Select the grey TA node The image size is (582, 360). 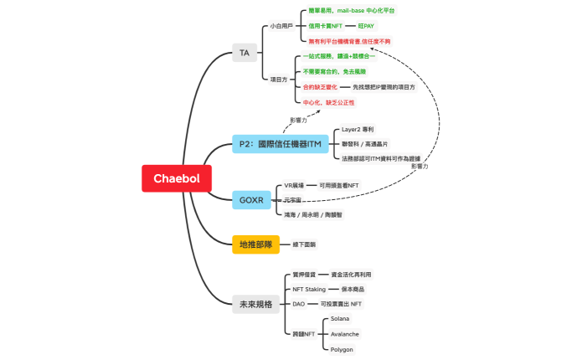(x=245, y=53)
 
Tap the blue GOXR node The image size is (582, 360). (x=250, y=200)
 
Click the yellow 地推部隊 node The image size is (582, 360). (x=255, y=244)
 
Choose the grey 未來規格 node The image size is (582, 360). (x=255, y=304)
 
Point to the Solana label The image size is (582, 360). (x=340, y=319)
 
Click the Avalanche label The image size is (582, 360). (x=345, y=333)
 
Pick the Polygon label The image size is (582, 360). (x=342, y=348)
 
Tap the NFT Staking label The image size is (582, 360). (x=308, y=289)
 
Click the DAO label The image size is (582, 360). (x=298, y=303)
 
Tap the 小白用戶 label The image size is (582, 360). (x=281, y=27)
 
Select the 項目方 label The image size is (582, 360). (x=278, y=79)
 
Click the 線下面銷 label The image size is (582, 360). (x=304, y=244)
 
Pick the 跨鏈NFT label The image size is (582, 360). (x=304, y=333)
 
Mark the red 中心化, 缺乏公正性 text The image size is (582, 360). (x=328, y=102)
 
